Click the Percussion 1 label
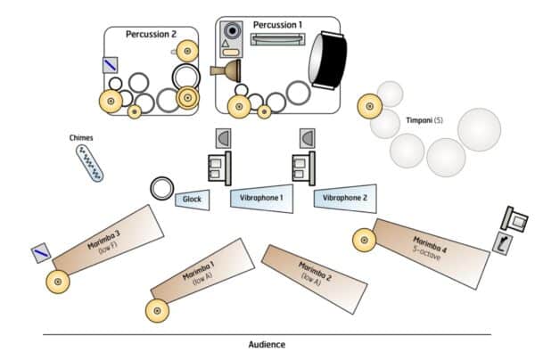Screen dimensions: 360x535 pyautogui.click(x=279, y=23)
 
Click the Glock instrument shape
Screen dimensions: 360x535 pyautogui.click(x=193, y=200)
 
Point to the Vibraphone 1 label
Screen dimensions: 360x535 pyautogui.click(x=261, y=197)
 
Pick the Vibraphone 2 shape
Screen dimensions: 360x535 pyautogui.click(x=342, y=199)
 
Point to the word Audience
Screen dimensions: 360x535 pyautogui.click(x=267, y=343)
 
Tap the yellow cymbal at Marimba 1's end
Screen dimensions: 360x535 pyautogui.click(x=158, y=311)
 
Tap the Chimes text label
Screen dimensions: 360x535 pyautogui.click(x=81, y=138)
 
